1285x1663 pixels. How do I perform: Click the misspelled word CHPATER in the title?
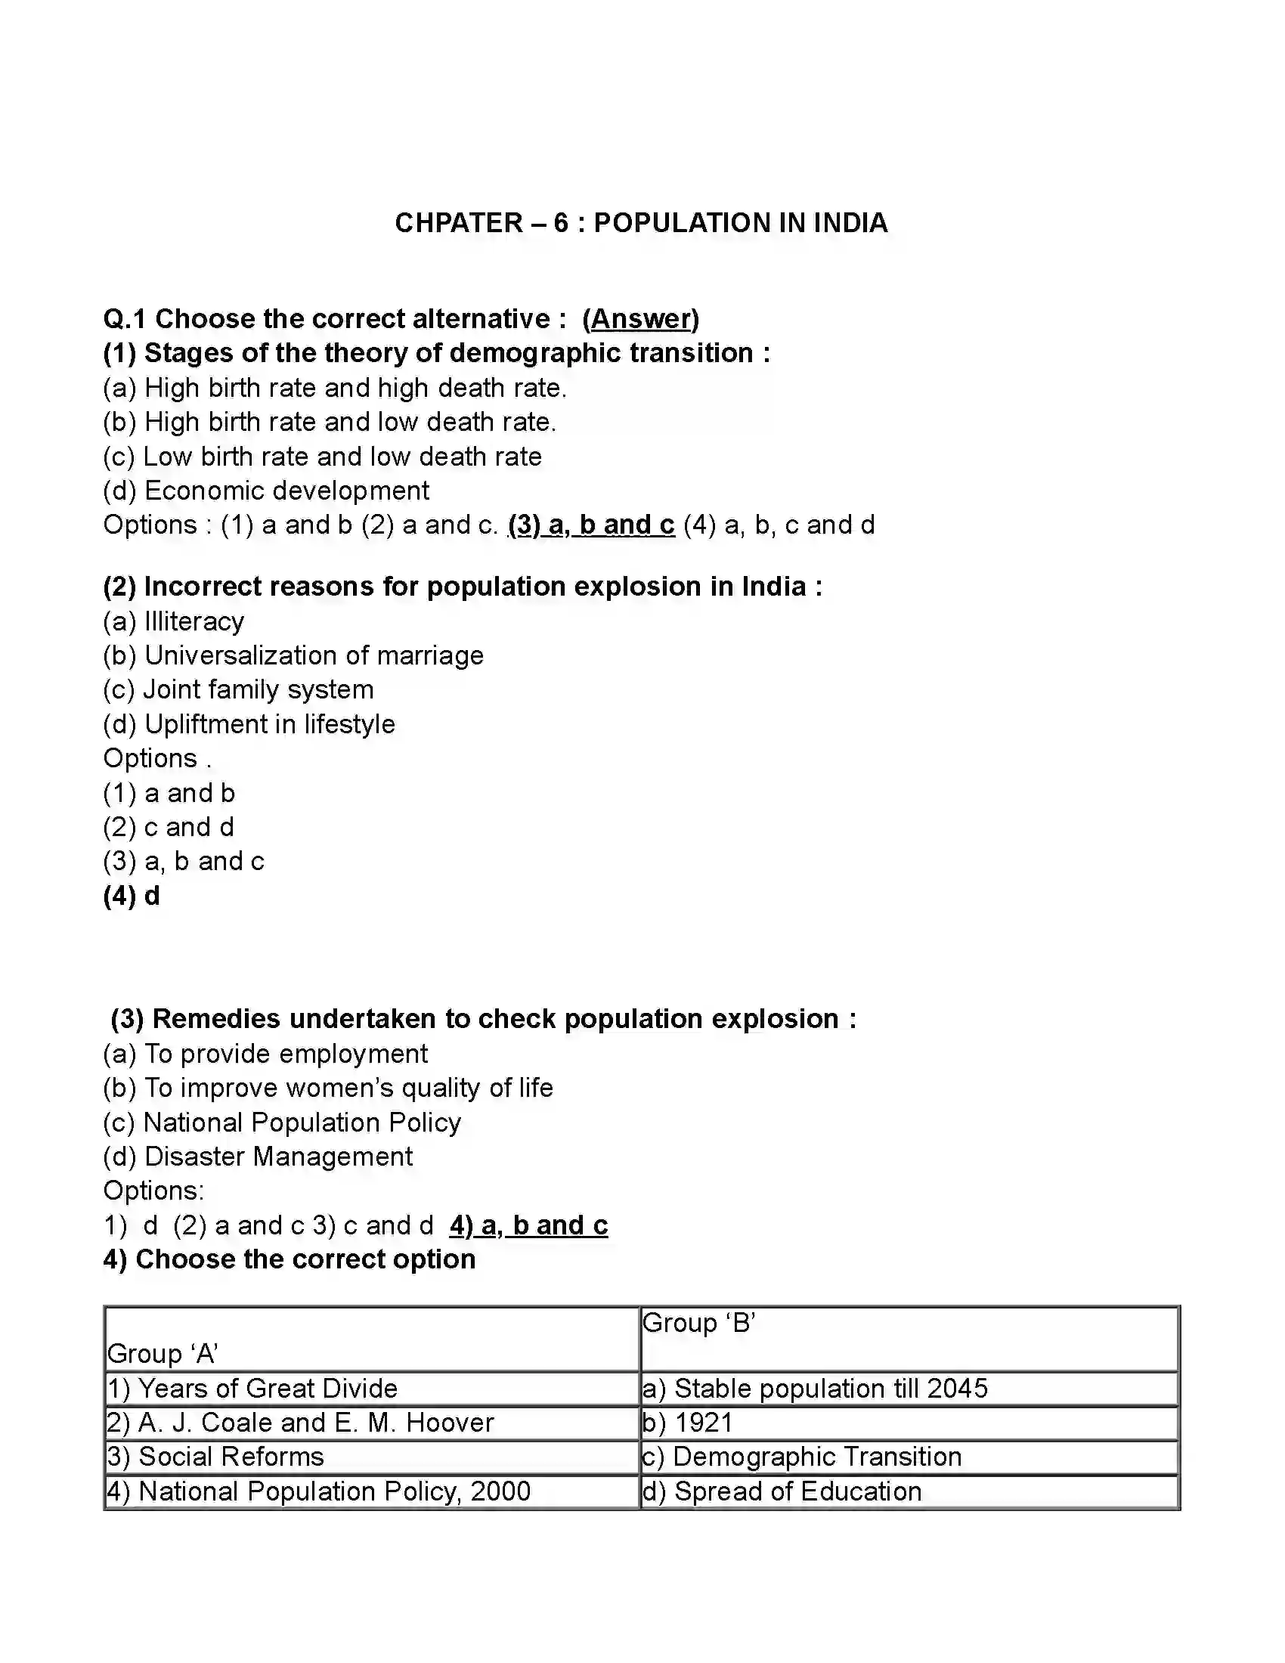click(x=458, y=223)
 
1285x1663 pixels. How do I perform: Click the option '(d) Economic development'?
click(x=266, y=491)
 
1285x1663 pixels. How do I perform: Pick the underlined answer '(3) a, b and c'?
click(x=592, y=525)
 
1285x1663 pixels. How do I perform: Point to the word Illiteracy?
click(x=194, y=621)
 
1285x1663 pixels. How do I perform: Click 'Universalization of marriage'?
click(x=314, y=655)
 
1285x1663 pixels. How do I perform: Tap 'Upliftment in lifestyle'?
click(x=270, y=724)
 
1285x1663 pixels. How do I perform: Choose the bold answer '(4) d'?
click(x=132, y=897)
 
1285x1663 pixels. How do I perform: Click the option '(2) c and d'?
click(x=169, y=827)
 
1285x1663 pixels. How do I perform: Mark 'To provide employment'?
click(x=286, y=1054)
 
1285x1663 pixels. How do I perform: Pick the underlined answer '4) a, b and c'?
click(x=529, y=1225)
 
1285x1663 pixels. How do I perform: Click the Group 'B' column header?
click(x=699, y=1323)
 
